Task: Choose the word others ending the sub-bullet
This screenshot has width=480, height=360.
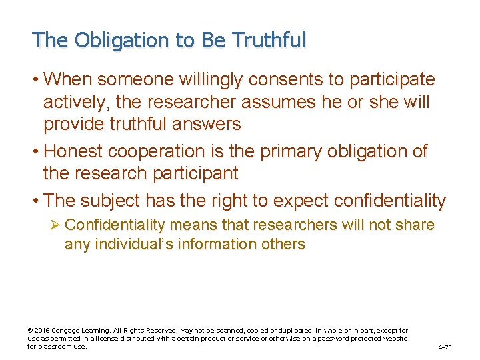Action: (x=282, y=245)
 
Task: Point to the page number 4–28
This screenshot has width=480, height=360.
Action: (x=445, y=347)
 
